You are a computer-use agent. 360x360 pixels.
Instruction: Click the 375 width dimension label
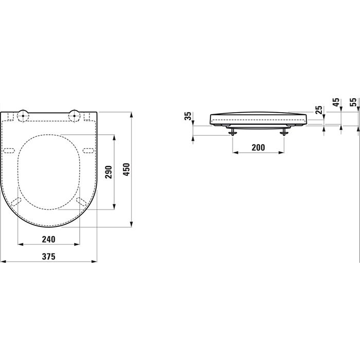pyautogui.click(x=48, y=256)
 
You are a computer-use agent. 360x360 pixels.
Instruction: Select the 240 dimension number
pyautogui.click(x=48, y=239)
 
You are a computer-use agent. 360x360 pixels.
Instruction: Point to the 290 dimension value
pyautogui.click(x=109, y=172)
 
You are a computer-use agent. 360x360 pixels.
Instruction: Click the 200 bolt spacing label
pyautogui.click(x=258, y=148)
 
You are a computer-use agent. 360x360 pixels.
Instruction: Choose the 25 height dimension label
pyautogui.click(x=319, y=110)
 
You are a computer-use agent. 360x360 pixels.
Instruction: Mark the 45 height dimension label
pyautogui.click(x=336, y=102)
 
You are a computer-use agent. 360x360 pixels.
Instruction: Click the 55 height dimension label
pyautogui.click(x=353, y=102)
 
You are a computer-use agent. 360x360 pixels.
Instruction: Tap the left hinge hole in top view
pyautogui.click(x=23, y=115)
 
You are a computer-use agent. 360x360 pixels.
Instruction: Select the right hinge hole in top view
pyautogui.click(x=75, y=115)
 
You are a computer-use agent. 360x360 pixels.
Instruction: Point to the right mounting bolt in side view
pyautogui.click(x=283, y=132)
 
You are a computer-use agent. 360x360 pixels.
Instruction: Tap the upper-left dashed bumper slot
pyautogui.click(x=10, y=150)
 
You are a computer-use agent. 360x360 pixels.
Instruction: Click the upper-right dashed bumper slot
pyautogui.click(x=87, y=150)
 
